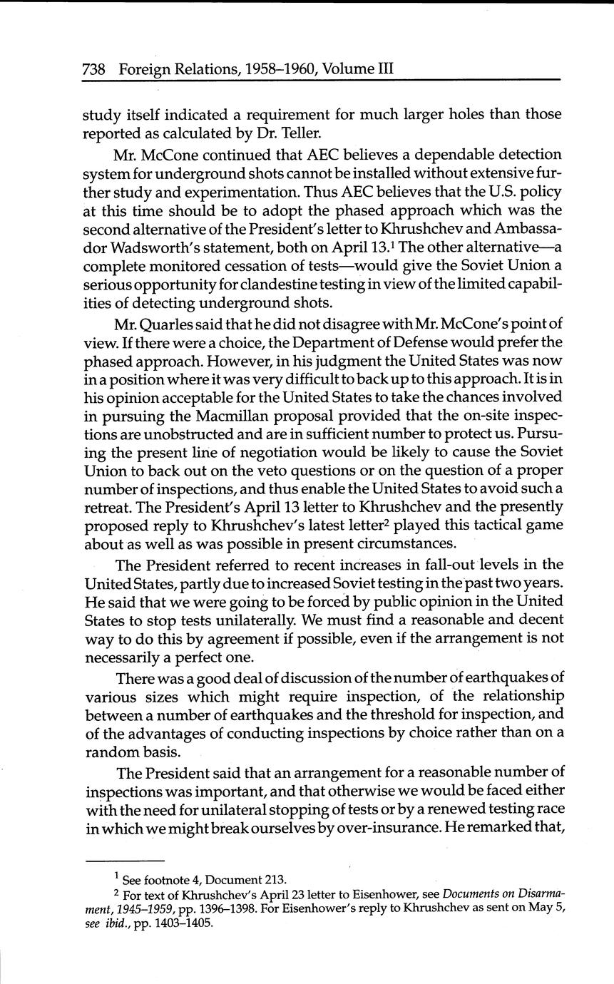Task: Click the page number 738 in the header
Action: [x=94, y=69]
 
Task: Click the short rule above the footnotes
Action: [x=125, y=861]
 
